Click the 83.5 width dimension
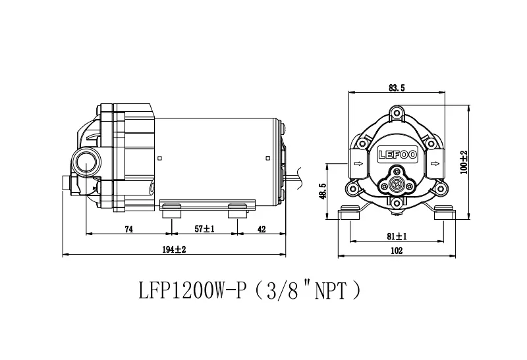[x=397, y=88]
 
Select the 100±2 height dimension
[x=464, y=162]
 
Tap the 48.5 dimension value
[x=323, y=191]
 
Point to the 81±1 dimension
[x=397, y=236]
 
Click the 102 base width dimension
[x=397, y=251]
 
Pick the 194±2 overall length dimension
[x=174, y=249]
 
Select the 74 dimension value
[x=128, y=230]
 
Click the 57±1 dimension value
[x=204, y=229]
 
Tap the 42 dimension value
[x=262, y=230]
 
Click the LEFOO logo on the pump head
[x=398, y=155]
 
